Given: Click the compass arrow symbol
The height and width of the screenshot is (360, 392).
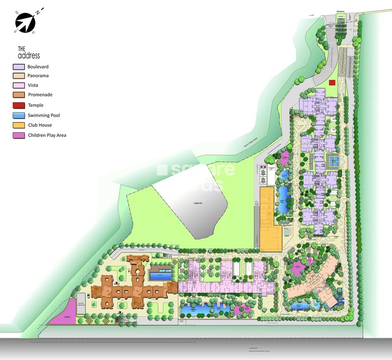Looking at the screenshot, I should coord(25,22).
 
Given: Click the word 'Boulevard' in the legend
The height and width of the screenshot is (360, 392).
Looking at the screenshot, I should coord(38,67).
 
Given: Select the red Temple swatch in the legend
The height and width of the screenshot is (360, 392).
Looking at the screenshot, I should coord(19,105).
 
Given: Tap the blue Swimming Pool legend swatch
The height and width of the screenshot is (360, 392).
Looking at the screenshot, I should coord(19,115).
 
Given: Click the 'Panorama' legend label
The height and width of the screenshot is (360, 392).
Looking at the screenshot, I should coord(38,76).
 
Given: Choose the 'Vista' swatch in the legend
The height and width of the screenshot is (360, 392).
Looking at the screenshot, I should coord(19,85).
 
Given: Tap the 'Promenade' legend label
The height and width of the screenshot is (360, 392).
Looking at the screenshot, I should coord(40,95).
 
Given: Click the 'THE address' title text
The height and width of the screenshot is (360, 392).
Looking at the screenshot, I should coord(29,52).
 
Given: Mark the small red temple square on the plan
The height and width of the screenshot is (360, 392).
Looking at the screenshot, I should coord(332,82).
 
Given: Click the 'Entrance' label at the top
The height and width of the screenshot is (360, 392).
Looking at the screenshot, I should coord(341,11).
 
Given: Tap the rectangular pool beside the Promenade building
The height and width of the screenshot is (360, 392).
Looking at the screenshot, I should coord(161,274).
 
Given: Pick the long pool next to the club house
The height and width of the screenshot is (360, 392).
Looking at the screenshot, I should coord(283,199).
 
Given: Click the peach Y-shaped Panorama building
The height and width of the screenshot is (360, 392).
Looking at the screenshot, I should coord(314,283).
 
